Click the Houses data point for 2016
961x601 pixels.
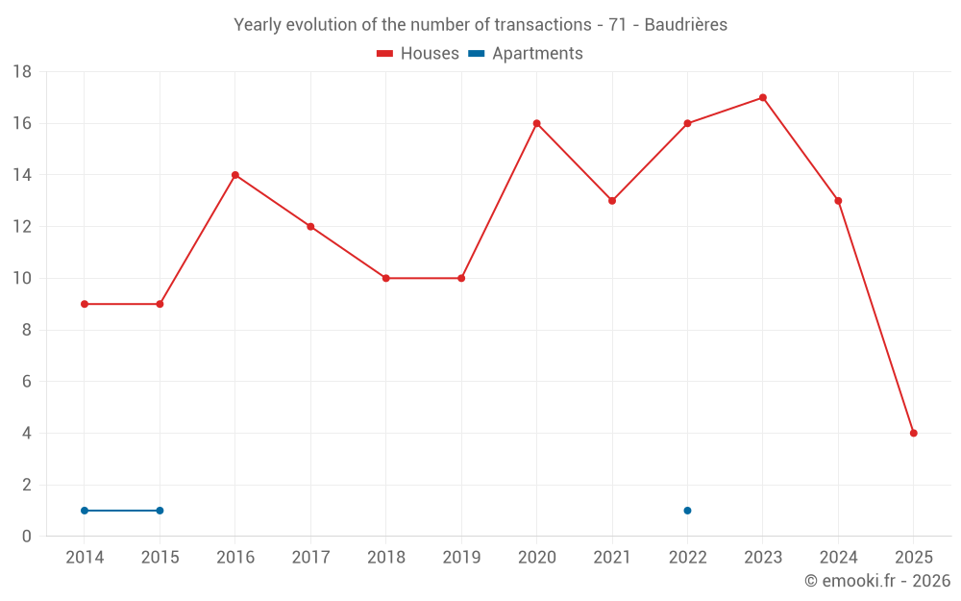235,175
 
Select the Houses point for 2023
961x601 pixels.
763,97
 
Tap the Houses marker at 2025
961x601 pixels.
914,433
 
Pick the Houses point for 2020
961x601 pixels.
537,123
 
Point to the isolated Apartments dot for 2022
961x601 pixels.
687,511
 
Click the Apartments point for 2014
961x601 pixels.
85,511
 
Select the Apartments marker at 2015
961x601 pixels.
160,511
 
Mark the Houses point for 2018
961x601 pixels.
386,278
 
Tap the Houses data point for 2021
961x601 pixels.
612,201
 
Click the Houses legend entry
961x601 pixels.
418,54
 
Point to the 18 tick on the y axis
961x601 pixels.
22,72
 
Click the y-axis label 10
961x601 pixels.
22,279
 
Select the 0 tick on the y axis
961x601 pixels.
27,537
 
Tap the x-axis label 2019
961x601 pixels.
461,558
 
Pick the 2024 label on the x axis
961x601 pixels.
838,558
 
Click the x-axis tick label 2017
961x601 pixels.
310,558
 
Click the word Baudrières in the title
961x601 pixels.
685,25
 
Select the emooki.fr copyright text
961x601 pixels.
877,581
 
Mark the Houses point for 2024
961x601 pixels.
838,201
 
